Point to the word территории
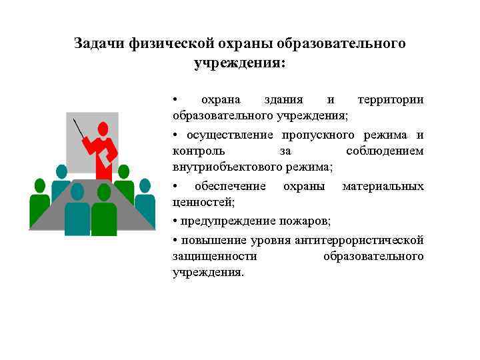click(x=391, y=99)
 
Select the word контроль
click(x=198, y=151)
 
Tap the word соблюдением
click(x=385, y=151)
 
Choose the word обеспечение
click(x=230, y=186)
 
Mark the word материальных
click(x=383, y=186)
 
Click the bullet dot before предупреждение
click(x=175, y=221)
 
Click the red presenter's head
click(x=103, y=128)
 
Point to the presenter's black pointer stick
click(x=79, y=129)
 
